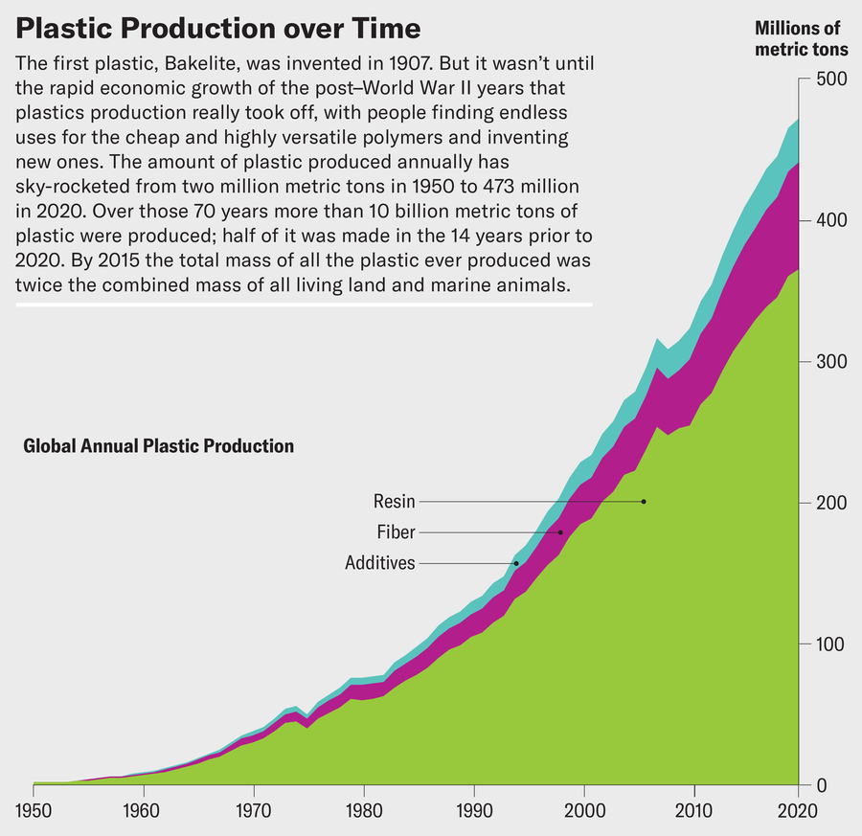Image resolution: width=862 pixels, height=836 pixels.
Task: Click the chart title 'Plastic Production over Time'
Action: (218, 28)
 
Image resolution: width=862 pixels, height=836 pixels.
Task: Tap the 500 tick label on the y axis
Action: (828, 79)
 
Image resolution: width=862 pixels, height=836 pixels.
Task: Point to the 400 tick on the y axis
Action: (828, 220)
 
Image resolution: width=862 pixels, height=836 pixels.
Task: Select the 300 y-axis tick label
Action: (828, 362)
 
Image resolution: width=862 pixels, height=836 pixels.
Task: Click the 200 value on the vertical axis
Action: (828, 503)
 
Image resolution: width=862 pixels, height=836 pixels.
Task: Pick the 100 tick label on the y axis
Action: (828, 644)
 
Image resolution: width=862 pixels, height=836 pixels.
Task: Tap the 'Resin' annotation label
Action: (395, 502)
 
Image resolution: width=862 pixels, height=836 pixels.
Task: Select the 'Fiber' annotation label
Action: (397, 532)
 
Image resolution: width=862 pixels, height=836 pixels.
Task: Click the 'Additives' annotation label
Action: (380, 563)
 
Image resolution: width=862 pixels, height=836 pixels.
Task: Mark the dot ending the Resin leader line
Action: (644, 502)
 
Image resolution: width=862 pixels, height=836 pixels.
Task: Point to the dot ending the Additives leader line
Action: (516, 563)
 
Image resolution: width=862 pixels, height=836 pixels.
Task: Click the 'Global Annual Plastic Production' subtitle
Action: (158, 446)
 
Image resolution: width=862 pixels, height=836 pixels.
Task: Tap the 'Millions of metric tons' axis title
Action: (797, 39)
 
